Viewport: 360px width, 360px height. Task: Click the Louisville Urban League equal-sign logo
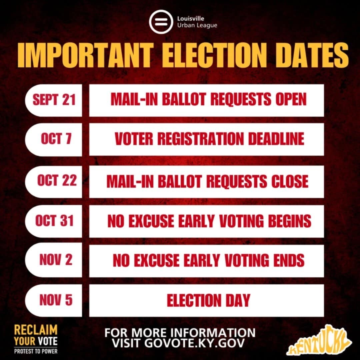click(x=161, y=22)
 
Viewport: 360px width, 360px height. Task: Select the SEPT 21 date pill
click(x=54, y=100)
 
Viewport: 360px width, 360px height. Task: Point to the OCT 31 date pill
click(x=54, y=221)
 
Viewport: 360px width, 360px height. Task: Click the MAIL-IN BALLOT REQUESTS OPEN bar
click(x=207, y=100)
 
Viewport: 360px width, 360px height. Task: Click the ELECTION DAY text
click(x=208, y=300)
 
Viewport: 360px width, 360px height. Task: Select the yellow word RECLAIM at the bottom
click(x=36, y=330)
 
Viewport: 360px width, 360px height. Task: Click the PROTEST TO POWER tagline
click(x=36, y=351)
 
